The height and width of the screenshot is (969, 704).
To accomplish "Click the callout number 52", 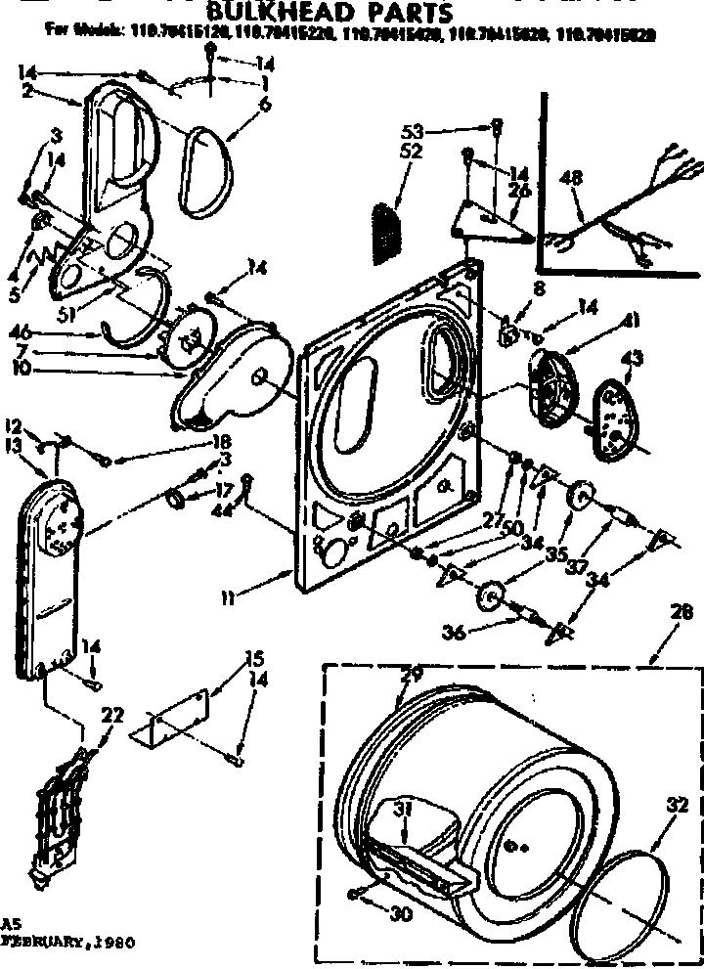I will tap(411, 152).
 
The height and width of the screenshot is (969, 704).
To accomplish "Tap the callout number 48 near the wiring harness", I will tap(572, 178).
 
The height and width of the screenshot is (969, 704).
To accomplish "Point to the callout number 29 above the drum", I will tap(412, 676).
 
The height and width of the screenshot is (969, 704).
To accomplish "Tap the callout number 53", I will tap(411, 131).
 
